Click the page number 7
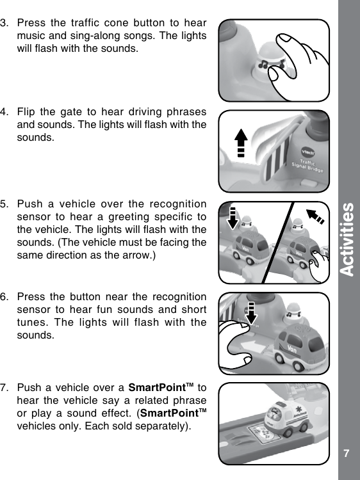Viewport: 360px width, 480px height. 346,453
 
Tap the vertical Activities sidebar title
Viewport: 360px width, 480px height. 347,239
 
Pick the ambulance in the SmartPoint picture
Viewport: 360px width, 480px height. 285,417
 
